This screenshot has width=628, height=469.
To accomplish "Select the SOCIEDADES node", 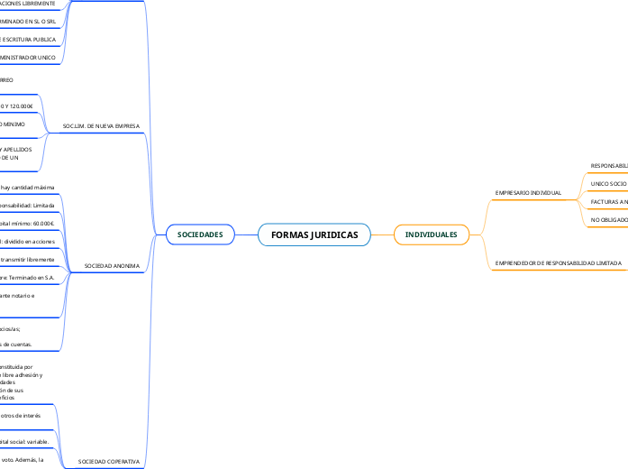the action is (200, 234).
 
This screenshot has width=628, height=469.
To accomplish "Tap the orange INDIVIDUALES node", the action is (431, 234).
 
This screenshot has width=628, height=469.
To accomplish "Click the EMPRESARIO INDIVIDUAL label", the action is (528, 193).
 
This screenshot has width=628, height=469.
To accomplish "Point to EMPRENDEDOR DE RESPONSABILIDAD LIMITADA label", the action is (559, 262).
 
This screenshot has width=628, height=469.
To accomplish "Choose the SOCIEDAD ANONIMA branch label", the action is (112, 266).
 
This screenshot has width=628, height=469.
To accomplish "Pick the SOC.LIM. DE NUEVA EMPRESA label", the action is (101, 126).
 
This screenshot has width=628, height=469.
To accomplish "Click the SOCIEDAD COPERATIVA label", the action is (109, 461).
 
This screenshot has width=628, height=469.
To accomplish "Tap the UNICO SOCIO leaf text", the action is (608, 183).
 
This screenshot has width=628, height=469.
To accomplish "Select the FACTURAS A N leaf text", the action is (609, 201).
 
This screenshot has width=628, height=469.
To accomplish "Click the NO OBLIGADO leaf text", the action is (609, 219).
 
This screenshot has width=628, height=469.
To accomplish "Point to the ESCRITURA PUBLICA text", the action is (29, 40).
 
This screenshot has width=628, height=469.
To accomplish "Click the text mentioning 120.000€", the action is (16, 106).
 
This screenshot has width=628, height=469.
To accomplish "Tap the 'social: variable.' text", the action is (24, 442).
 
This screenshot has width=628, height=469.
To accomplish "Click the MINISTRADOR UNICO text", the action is (28, 58).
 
